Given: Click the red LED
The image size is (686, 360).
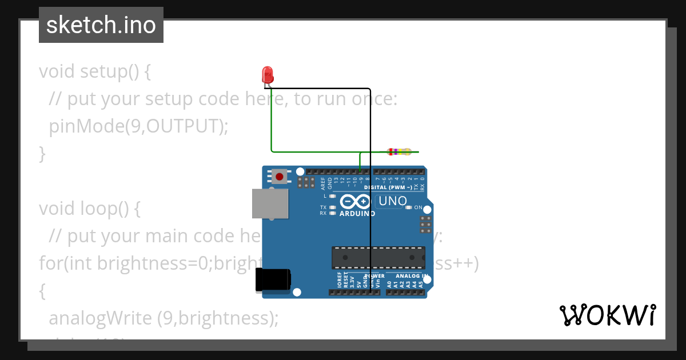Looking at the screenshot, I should coord(267,74).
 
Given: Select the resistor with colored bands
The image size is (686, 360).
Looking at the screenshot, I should coord(399,152).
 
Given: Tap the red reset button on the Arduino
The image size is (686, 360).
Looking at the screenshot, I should coord(279,177).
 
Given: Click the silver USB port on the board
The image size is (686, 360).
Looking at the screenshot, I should coord(270,204).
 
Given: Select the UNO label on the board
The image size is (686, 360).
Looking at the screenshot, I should coord(393,201).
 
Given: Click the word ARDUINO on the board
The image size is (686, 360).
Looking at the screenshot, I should coord(357,214).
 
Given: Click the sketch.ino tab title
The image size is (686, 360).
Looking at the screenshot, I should coord(101,25).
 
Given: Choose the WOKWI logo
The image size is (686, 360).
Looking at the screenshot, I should coord(608,315).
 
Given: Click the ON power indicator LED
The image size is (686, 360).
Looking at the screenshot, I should coord(408,207).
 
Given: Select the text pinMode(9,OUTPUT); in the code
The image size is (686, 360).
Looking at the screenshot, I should coord(138,126).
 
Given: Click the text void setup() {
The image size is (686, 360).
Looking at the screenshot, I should coord(95,71).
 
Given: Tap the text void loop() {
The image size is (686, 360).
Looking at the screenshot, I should coord(90,209).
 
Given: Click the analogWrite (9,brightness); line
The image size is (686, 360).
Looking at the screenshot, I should coord(163,318).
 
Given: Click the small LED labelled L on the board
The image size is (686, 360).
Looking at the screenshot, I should coord(332,196).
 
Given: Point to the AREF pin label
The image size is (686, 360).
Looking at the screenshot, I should coord(323,183).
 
